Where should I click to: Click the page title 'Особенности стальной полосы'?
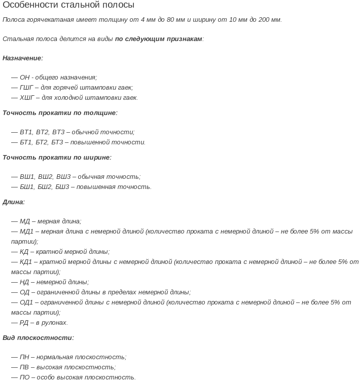(68, 5)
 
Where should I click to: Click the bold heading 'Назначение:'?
(23, 58)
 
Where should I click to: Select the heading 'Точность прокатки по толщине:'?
(60, 113)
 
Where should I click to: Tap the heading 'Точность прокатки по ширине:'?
(57, 158)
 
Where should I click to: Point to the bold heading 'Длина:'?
(14, 202)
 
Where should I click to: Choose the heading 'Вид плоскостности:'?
(38, 338)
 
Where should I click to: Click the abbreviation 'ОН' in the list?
(25, 78)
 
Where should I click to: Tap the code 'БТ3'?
(57, 142)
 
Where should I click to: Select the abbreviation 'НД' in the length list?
(24, 282)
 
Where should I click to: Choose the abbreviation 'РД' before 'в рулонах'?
(24, 323)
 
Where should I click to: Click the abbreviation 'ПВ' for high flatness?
(24, 367)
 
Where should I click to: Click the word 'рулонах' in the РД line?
(55, 323)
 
